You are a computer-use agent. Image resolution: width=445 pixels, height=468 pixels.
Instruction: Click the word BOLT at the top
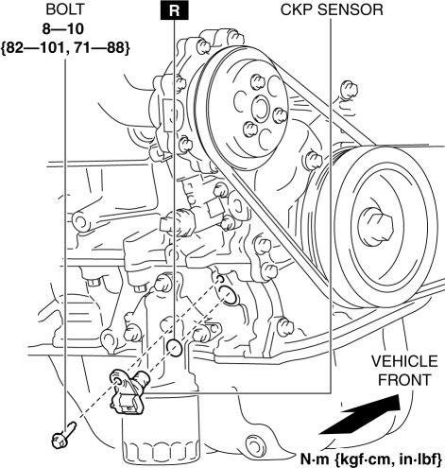[x=65, y=9]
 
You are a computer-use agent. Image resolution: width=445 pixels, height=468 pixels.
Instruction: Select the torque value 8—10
[x=63, y=29]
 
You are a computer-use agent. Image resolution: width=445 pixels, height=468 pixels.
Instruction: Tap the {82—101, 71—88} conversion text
[x=65, y=48]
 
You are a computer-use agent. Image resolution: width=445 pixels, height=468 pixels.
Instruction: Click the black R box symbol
[x=175, y=10]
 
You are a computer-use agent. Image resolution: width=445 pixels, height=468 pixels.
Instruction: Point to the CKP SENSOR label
[x=332, y=9]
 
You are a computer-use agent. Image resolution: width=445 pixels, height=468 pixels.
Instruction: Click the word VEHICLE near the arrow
[x=404, y=361]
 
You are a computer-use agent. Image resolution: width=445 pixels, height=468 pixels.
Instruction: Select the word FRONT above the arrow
[x=404, y=380]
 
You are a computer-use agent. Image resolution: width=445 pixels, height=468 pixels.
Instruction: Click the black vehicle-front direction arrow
[x=360, y=415]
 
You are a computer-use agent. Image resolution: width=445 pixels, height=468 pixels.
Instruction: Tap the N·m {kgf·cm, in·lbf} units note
[x=371, y=459]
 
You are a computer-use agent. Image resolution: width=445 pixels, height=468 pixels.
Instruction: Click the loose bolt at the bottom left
[x=63, y=436]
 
